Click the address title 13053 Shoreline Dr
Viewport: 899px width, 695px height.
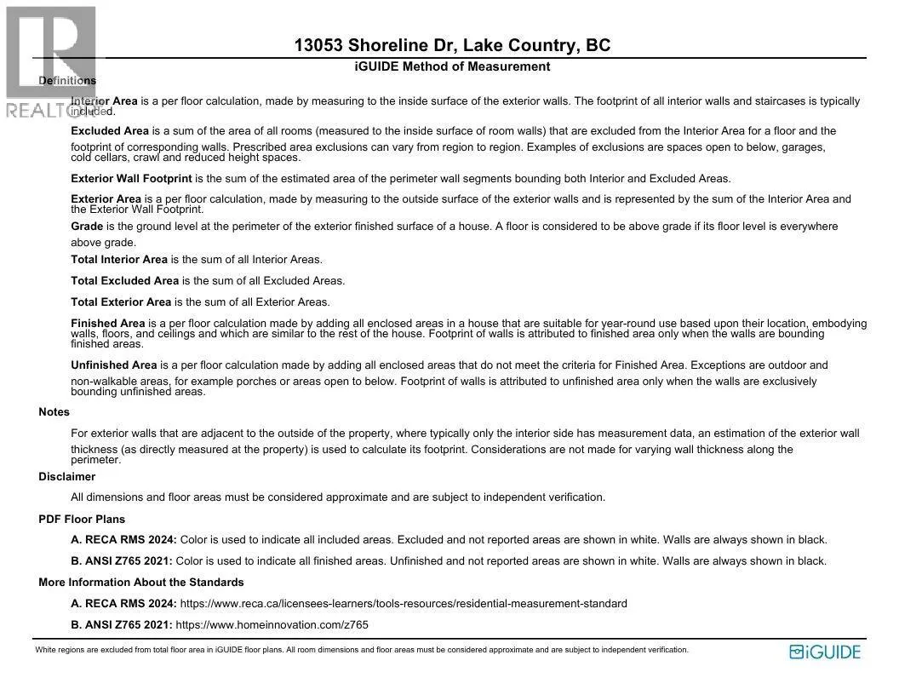coord(452,46)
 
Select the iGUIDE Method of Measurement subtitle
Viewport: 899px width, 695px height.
coord(452,66)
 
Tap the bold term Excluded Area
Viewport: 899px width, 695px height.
coord(110,131)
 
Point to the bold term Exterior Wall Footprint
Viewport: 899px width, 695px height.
coord(131,179)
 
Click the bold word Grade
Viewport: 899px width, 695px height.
coord(87,227)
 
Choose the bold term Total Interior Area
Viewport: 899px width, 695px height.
coord(119,259)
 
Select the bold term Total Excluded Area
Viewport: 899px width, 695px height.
coord(124,280)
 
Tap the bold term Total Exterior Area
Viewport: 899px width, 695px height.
coord(121,302)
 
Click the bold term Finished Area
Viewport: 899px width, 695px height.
coord(108,324)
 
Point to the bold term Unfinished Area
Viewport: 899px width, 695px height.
coord(114,365)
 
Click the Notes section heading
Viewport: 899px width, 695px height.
coord(54,412)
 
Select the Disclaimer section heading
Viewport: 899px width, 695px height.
coord(66,477)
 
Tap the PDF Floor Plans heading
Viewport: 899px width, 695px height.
coord(82,519)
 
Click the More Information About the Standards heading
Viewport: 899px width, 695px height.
coord(141,583)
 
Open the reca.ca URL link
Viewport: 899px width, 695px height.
coord(404,604)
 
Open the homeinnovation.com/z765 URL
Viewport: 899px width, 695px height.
coord(272,625)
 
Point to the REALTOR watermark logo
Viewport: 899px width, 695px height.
coord(51,60)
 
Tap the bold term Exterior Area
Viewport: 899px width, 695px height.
coord(106,199)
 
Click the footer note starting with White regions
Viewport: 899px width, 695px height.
coord(362,650)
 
